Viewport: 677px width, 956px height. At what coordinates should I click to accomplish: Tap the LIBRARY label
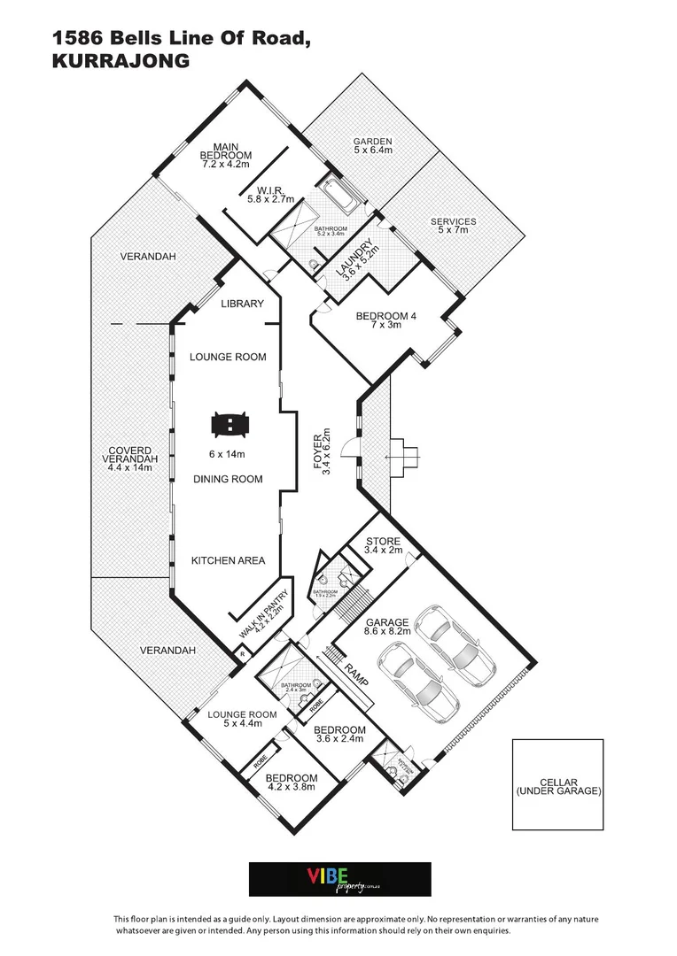(242, 304)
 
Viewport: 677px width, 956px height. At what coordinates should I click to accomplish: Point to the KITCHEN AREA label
(228, 560)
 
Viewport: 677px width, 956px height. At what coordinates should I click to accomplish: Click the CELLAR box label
(558, 787)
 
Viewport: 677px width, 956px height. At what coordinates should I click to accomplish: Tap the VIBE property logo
(340, 879)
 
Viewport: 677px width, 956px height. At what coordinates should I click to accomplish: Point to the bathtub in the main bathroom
(340, 195)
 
